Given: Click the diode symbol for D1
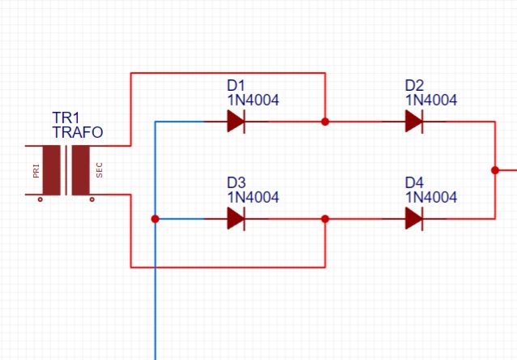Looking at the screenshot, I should coord(236,122).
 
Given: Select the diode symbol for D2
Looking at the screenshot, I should coord(414,122).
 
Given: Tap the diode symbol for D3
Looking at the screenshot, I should coord(236,218).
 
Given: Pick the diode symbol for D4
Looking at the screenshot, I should coord(414,218).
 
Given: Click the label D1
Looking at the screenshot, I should coord(236,85).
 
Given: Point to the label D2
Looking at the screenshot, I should coord(414,85).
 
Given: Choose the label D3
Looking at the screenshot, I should coord(236,182).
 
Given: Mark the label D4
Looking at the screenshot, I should coord(414,182).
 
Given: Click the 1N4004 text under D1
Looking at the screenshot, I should coord(253,101).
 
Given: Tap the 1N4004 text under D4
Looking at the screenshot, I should coord(430,197).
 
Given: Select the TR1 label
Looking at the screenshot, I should coord(66,118).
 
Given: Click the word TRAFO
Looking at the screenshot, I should coord(78,132).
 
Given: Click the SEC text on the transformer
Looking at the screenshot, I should coord(100,170).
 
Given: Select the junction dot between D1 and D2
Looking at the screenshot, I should coord(325,122).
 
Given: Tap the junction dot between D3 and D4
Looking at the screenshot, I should coord(325,218).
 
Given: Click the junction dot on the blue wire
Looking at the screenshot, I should coord(155,218).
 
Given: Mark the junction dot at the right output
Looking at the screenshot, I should coord(494,170).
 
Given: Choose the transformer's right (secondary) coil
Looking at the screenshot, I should coord(81,170).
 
